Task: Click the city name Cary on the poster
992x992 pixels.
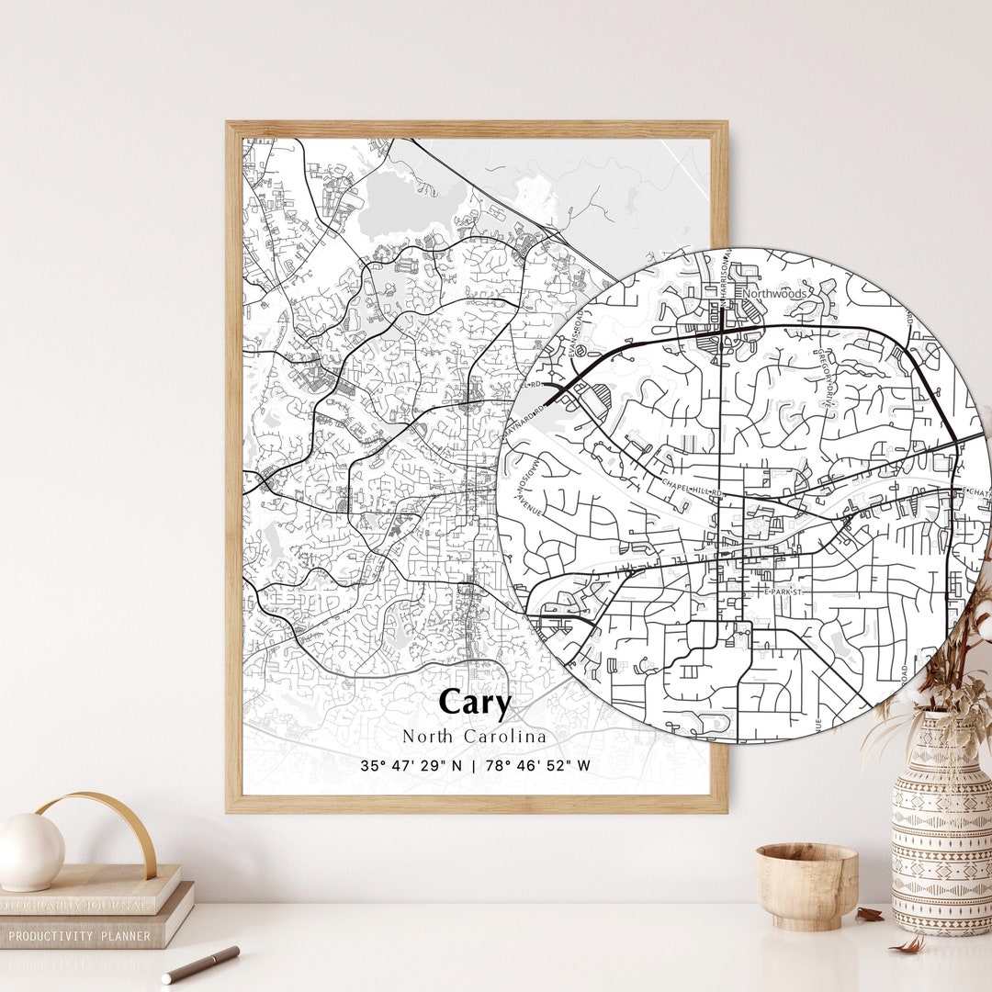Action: coord(474,703)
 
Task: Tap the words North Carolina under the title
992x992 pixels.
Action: coord(474,737)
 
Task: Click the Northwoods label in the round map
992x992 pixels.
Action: coord(775,294)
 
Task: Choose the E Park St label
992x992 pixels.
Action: coord(785,592)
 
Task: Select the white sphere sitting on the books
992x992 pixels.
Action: coord(31,851)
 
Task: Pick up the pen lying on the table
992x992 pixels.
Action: coord(199,964)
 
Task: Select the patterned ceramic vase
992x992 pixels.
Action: coord(941,827)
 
